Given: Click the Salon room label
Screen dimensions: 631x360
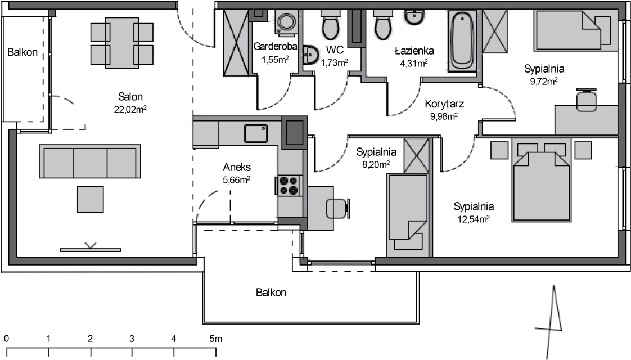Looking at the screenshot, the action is [x=130, y=97].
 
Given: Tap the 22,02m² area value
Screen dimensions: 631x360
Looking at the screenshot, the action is [x=130, y=109].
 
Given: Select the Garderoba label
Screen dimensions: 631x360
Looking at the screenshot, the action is [x=275, y=46].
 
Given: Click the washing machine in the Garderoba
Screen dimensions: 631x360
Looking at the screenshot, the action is [x=286, y=22].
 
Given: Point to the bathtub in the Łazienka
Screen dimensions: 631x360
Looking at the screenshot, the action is [x=462, y=40].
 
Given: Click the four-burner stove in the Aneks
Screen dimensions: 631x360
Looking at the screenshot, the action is [x=289, y=186].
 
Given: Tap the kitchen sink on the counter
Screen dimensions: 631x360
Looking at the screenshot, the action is [x=256, y=133].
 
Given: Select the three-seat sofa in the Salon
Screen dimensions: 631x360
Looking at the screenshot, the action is [x=90, y=161].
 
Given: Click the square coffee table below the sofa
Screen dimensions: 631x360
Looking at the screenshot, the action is [x=90, y=199].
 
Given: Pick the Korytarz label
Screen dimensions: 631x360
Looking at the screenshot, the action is [x=444, y=104].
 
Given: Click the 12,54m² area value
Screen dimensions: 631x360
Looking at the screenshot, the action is [x=474, y=219].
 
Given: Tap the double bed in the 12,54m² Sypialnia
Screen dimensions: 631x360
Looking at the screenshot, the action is [x=542, y=180].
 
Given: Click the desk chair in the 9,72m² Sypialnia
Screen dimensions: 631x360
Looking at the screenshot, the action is [x=587, y=100].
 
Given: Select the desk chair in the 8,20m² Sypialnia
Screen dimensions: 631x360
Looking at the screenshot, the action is [x=337, y=208].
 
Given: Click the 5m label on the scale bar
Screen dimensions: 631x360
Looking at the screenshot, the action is [x=216, y=339].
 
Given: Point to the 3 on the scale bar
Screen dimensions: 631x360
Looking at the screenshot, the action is [x=132, y=339].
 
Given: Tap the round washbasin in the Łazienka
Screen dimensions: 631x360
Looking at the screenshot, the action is [x=414, y=17].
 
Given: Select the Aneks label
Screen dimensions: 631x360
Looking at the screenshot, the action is [x=237, y=167].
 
